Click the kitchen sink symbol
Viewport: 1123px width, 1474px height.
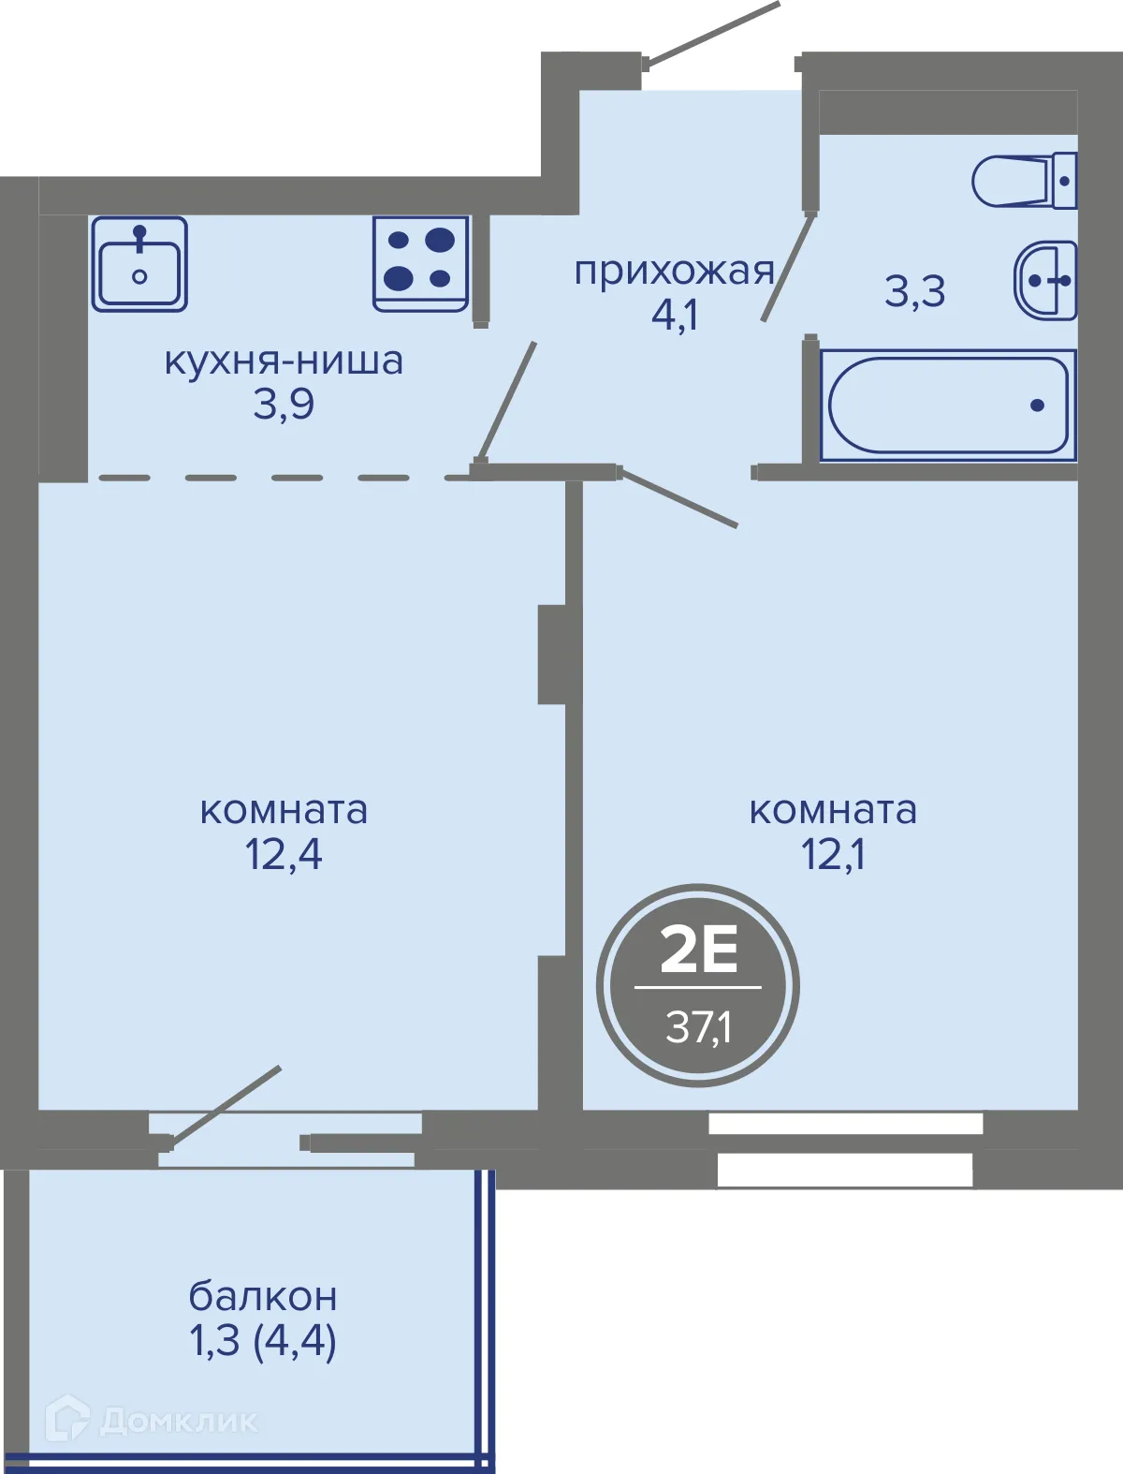pyautogui.click(x=139, y=264)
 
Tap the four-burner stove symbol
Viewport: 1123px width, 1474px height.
pyautogui.click(x=420, y=264)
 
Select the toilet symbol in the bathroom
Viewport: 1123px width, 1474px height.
pyautogui.click(x=1024, y=181)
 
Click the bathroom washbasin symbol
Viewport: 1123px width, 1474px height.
pyautogui.click(x=1046, y=280)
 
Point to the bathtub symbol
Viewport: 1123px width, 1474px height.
pyautogui.click(x=948, y=405)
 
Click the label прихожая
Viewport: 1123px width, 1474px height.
pyautogui.click(x=674, y=272)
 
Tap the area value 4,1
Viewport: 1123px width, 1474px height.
pyautogui.click(x=675, y=316)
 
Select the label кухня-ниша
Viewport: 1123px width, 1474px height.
pyautogui.click(x=284, y=361)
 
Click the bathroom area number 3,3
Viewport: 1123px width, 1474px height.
pyautogui.click(x=915, y=291)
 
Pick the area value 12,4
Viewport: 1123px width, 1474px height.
pyautogui.click(x=284, y=854)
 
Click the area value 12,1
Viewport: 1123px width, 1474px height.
pyautogui.click(x=833, y=854)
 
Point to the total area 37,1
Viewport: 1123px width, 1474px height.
pyautogui.click(x=698, y=1027)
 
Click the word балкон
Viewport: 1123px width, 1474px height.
pyautogui.click(x=263, y=1297)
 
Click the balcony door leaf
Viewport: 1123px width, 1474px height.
pyautogui.click(x=225, y=1105)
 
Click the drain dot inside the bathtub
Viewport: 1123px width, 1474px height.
pyautogui.click(x=1037, y=405)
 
